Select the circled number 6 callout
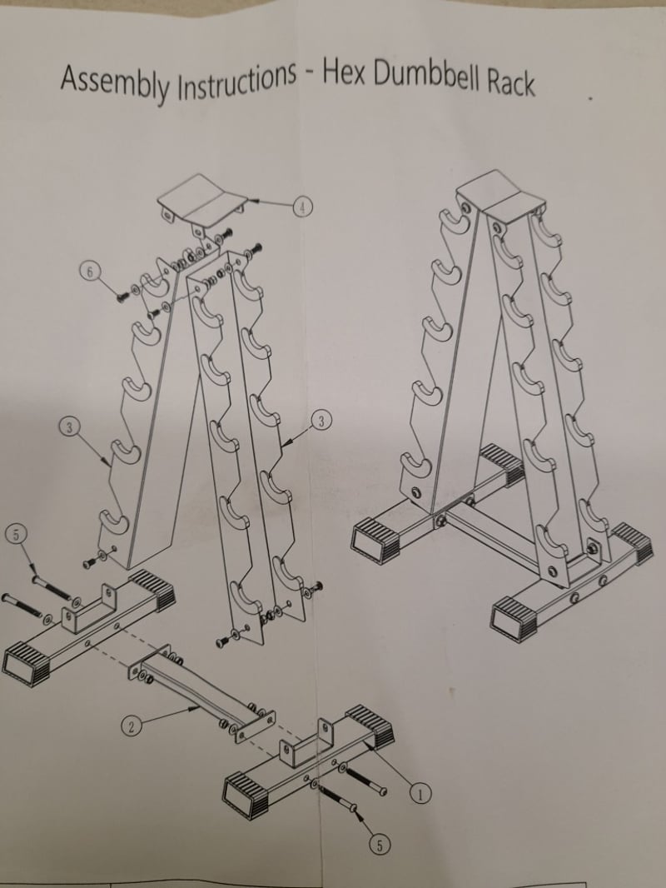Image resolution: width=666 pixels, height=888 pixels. (89, 272)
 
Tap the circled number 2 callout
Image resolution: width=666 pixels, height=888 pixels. (131, 726)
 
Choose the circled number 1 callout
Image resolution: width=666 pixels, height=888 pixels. (420, 795)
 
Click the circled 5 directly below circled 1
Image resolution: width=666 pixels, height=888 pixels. (380, 846)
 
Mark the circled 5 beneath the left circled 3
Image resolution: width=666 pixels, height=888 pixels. (16, 533)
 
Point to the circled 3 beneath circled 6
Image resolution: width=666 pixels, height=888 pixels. (69, 427)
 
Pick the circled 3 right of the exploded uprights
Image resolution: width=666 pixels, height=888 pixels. (321, 421)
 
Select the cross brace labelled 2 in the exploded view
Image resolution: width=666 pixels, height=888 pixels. (201, 694)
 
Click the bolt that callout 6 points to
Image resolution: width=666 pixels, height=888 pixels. (122, 297)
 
